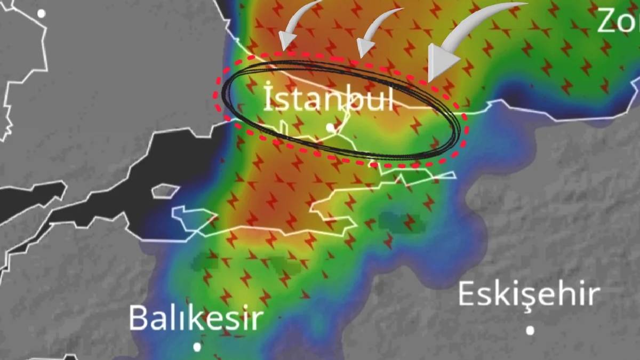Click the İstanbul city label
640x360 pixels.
[x=329, y=99]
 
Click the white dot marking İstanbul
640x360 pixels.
[x=331, y=127]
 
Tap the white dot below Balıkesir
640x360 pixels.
[x=197, y=347]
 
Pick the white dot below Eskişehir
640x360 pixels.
[x=530, y=330]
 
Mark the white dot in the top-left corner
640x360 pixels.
[x=41, y=13]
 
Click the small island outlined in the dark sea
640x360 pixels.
[x=165, y=190]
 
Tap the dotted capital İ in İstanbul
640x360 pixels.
[x=270, y=98]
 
